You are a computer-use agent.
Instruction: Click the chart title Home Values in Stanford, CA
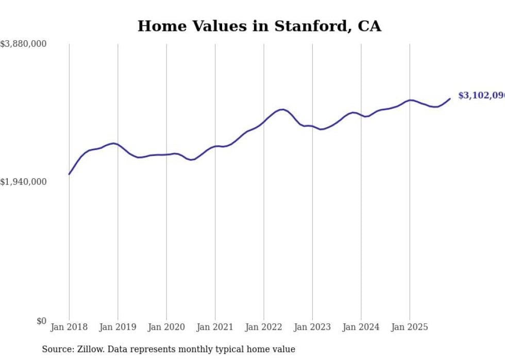click(259, 26)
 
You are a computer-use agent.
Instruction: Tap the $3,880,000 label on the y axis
click(23, 44)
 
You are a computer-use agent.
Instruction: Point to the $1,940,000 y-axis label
click(23, 182)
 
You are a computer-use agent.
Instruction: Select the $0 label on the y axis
click(41, 321)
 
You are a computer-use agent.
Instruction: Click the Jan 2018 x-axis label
click(69, 327)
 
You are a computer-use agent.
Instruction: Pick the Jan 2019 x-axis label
click(117, 327)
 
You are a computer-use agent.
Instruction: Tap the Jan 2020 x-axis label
click(166, 327)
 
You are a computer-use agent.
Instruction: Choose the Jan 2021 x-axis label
click(215, 327)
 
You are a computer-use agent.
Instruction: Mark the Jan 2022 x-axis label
click(264, 327)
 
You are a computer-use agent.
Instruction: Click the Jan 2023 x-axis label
click(312, 327)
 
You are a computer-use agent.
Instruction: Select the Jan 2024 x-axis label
click(361, 327)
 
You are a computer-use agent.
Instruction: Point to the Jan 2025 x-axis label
click(410, 327)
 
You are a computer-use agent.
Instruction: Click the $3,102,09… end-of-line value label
click(481, 96)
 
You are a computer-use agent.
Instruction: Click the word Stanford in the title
click(300, 26)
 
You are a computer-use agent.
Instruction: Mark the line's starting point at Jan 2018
click(69, 174)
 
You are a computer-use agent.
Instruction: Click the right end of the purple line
click(450, 99)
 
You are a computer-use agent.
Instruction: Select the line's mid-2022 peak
click(281, 109)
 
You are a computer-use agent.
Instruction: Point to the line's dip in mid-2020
click(191, 160)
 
